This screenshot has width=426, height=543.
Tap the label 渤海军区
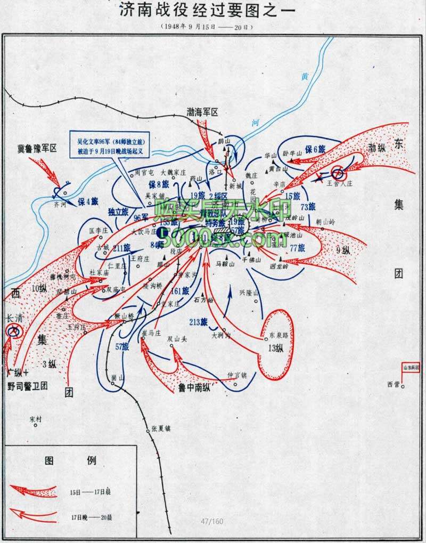202,112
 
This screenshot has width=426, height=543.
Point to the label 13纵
277,349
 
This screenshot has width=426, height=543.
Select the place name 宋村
36,419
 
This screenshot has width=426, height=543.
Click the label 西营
394,384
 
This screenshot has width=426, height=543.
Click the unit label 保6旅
315,151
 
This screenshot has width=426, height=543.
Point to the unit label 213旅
198,321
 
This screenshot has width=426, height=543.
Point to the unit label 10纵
39,289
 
